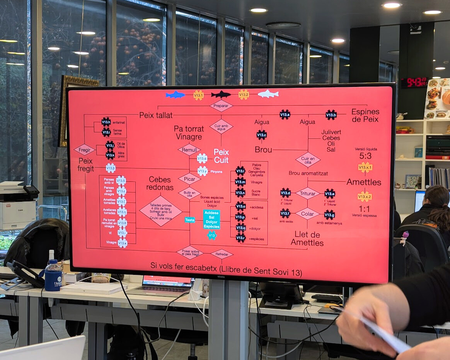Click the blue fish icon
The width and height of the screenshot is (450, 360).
pyautogui.click(x=176, y=95)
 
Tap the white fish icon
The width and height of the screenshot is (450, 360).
pyautogui.click(x=268, y=94)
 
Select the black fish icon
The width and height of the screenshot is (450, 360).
pyautogui.click(x=221, y=95)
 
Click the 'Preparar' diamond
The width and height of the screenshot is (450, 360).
pyautogui.click(x=221, y=106)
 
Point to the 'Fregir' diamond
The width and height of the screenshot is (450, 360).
pyautogui.click(x=84, y=150)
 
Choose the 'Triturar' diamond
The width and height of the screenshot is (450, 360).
pyautogui.click(x=307, y=193)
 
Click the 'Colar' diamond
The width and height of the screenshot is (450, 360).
pyautogui.click(x=307, y=213)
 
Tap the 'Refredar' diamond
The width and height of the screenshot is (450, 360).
pyautogui.click(x=222, y=254)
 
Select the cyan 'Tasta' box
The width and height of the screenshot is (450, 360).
pyautogui.click(x=190, y=220)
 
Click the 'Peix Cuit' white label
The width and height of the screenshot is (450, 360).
pyautogui.click(x=221, y=156)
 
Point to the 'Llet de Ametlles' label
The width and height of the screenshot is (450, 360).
pyautogui.click(x=307, y=239)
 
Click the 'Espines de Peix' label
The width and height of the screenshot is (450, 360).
pyautogui.click(x=365, y=115)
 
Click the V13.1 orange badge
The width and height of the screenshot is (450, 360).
pyautogui.click(x=198, y=95)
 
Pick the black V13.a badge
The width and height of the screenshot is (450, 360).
pyautogui.click(x=285, y=114)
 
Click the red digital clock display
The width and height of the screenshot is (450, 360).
pyautogui.click(x=413, y=82)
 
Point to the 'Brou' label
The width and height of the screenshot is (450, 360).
pyautogui.click(x=263, y=150)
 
